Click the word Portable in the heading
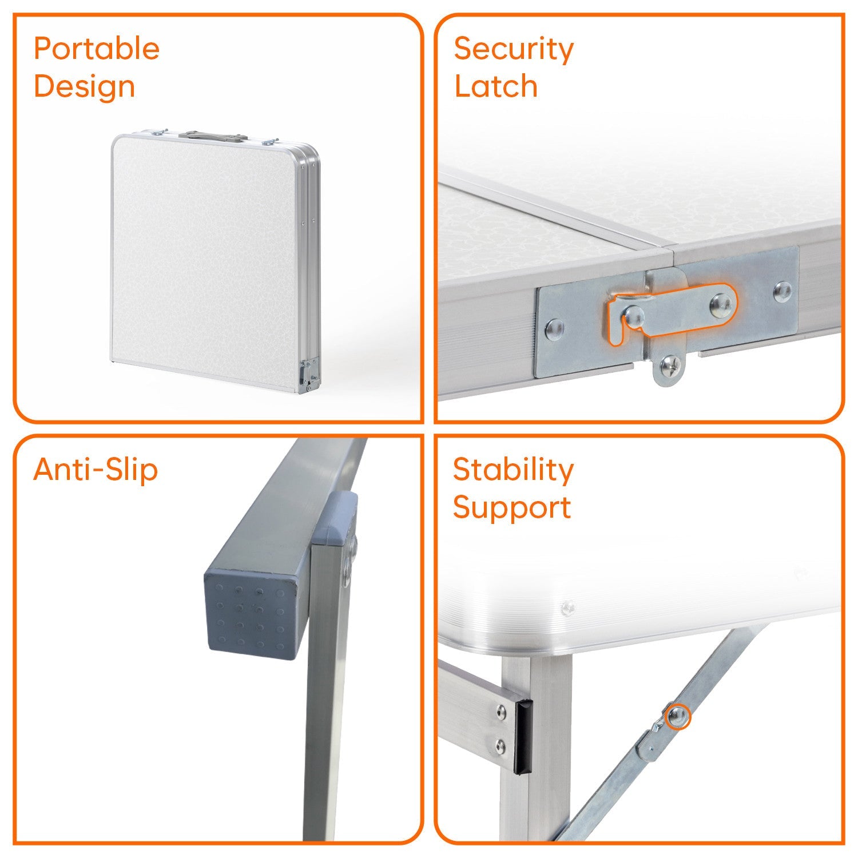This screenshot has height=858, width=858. (x=97, y=49)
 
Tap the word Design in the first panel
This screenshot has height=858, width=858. (x=85, y=87)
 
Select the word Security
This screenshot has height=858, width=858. (x=514, y=50)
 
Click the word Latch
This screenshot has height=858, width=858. (x=496, y=86)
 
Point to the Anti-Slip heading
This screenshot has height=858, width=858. (x=96, y=470)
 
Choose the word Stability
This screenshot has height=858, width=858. (x=513, y=471)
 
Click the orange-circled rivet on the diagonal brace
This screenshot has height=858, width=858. (x=678, y=716)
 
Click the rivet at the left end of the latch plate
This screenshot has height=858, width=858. (x=554, y=328)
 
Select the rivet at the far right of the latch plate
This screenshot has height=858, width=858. (x=782, y=291)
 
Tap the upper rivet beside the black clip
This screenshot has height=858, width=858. (x=501, y=711)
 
